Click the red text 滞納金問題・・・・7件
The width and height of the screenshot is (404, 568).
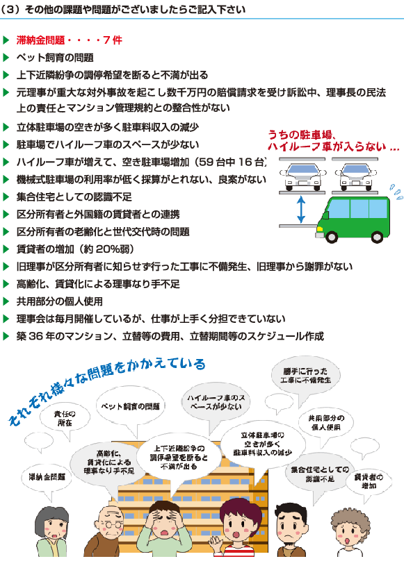[x=70, y=40]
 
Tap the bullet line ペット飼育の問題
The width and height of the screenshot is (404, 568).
[x=55, y=58]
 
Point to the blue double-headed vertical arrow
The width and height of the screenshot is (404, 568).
[x=301, y=210]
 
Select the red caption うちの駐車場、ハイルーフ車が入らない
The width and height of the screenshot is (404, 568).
[x=333, y=140]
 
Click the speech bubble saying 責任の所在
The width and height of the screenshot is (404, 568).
[x=65, y=419]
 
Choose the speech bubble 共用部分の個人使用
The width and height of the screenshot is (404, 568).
[x=326, y=423]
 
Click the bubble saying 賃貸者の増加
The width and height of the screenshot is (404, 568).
[x=369, y=481]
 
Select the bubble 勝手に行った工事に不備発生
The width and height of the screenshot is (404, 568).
[x=306, y=376]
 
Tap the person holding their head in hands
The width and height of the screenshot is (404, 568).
[x=164, y=529]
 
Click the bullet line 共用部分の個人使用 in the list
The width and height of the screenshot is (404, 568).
[x=60, y=301]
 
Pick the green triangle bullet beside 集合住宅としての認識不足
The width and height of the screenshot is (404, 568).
[x=6, y=197]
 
